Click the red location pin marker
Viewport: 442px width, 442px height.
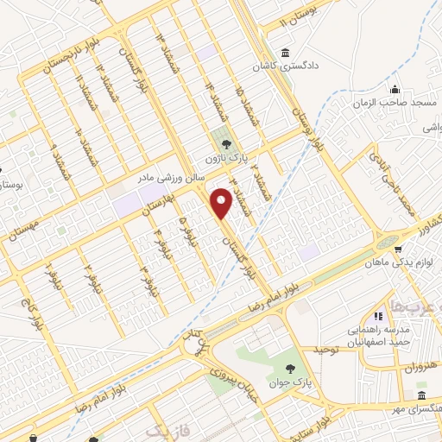pyautogui.click(x=222, y=204)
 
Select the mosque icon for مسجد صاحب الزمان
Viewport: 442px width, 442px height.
pyautogui.click(x=395, y=89)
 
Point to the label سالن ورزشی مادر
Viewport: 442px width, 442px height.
pyautogui.click(x=171, y=177)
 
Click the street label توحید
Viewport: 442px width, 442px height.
pyautogui.click(x=326, y=350)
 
